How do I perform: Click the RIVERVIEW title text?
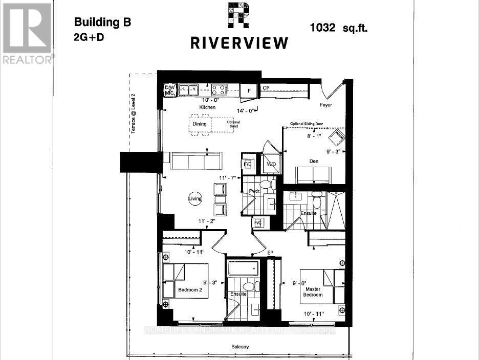239,43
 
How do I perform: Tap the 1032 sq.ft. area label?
338,28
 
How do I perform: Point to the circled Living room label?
195,199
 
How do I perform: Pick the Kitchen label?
208,108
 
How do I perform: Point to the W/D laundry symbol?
271,164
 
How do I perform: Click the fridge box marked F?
249,91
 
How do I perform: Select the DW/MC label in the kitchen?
169,91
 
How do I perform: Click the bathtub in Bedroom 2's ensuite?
244,269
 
